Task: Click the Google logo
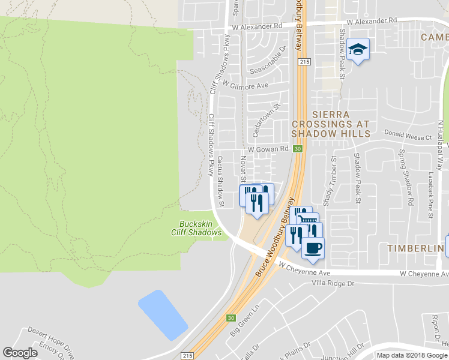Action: tap(20, 353)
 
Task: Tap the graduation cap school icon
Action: tap(358, 50)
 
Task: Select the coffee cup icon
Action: tap(312, 247)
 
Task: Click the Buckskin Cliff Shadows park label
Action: tap(200, 229)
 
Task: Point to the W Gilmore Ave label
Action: tap(245, 86)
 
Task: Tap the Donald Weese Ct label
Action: tap(408, 137)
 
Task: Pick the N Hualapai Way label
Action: tap(440, 139)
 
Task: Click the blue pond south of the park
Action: tap(164, 314)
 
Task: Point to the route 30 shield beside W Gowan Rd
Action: tap(298, 149)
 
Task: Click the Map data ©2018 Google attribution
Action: tap(412, 355)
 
